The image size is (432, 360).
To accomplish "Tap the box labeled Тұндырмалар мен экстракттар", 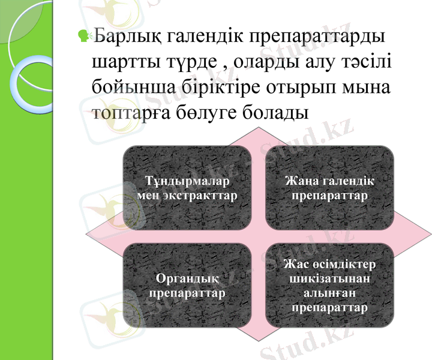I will [x=187, y=187].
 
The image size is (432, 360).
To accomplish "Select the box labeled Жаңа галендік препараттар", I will [x=329, y=187].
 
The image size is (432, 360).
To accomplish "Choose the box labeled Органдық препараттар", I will [x=187, y=285].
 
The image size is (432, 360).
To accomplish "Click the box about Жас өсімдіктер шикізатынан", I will [x=329, y=285].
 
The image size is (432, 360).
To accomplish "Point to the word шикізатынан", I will [x=329, y=278].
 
